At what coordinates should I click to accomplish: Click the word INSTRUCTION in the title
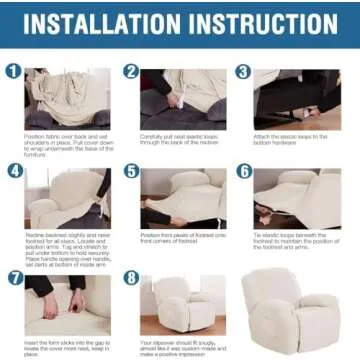pos(261,23)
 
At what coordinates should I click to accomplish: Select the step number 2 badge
pos(130,71)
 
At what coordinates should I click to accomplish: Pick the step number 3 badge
pos(243,71)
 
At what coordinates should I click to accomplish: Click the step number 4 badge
pos(14,170)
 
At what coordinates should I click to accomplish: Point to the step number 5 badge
pos(130,170)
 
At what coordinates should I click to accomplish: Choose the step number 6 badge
pos(243,170)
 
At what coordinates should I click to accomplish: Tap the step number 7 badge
pos(14,277)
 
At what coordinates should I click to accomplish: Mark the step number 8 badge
pos(130,277)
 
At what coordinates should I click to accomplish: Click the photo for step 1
pos(68,98)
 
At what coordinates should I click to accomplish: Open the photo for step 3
pos(297,98)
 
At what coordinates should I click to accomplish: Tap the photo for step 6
pos(297,196)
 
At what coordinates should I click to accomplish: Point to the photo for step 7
pos(68,304)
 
